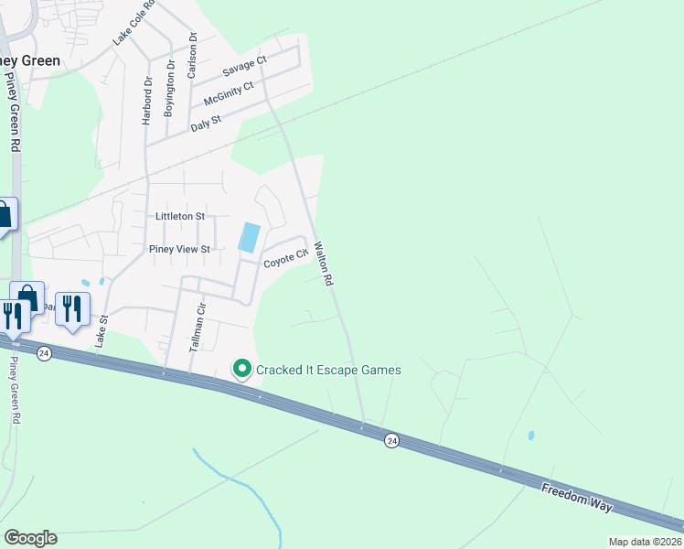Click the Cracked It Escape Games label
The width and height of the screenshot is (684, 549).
click(328, 370)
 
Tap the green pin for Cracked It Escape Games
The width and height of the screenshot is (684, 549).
click(242, 370)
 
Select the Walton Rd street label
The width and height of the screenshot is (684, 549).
click(322, 264)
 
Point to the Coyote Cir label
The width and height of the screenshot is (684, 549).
click(284, 261)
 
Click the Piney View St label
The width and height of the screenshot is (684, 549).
click(180, 249)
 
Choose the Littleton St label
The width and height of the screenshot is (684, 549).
click(180, 216)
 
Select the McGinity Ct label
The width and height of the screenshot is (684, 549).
click(228, 91)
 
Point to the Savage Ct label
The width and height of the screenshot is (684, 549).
click(245, 67)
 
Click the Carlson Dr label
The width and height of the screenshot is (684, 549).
click(192, 55)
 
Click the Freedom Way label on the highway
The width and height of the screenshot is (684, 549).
click(576, 498)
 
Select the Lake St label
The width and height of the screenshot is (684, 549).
click(102, 330)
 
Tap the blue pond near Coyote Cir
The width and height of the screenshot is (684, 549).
click(249, 238)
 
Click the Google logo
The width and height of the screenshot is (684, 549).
click(30, 538)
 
